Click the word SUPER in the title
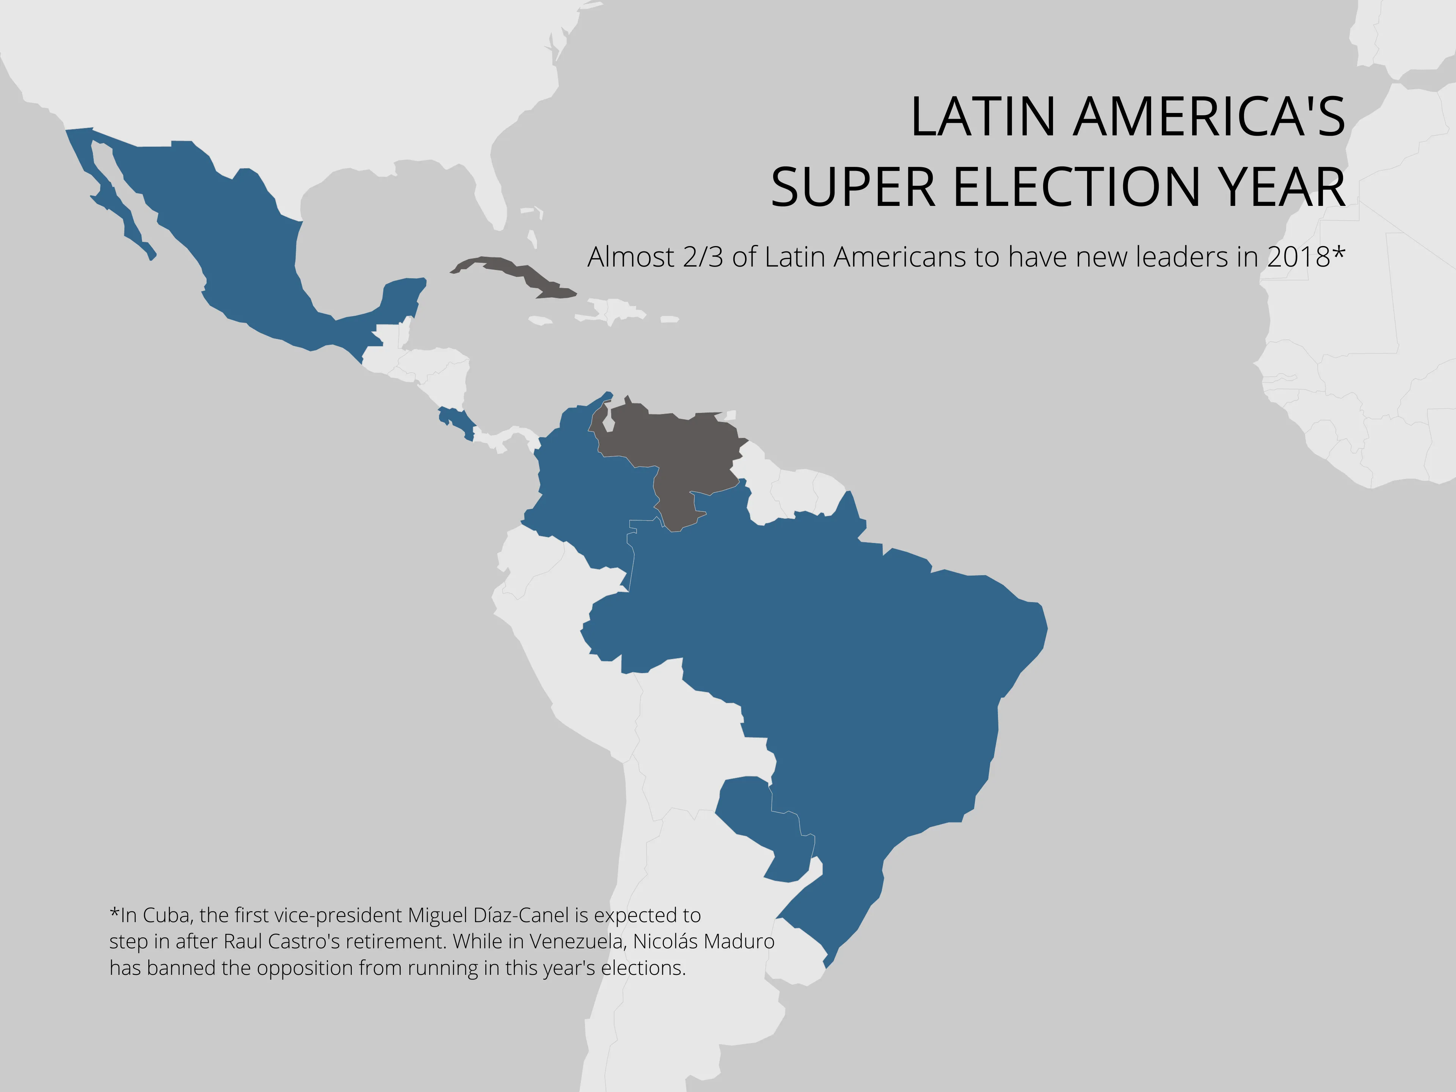coord(853,187)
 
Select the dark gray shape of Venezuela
coord(678,447)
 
